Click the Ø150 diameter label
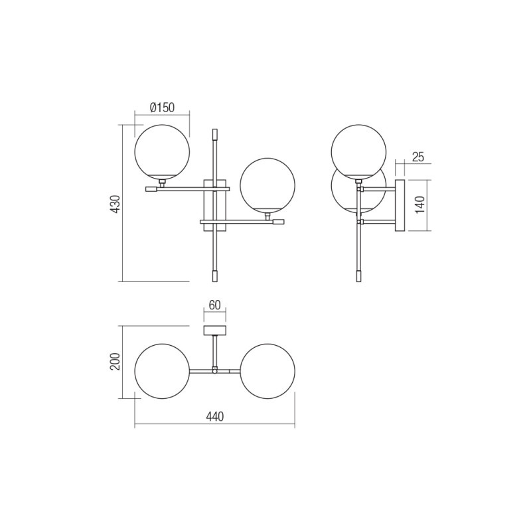[162, 107]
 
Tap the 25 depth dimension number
[417, 157]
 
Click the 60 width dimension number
[214, 305]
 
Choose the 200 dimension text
[115, 362]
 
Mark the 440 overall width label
[214, 417]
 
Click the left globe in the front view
[162, 152]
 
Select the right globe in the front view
[267, 185]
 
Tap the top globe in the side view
[358, 151]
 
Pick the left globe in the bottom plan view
[162, 371]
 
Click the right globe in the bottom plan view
[267, 371]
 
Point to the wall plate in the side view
[400, 205]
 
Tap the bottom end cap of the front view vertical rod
[214, 274]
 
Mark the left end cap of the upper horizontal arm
[151, 189]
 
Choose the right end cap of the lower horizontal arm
[278, 222]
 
